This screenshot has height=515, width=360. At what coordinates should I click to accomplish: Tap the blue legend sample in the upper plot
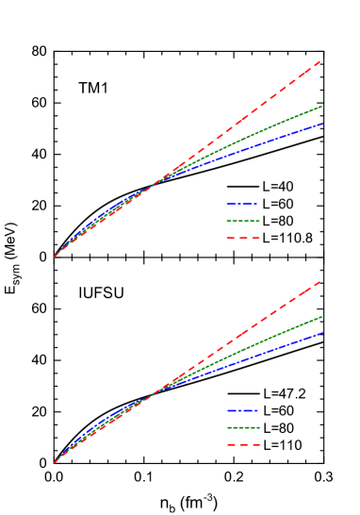point(242,204)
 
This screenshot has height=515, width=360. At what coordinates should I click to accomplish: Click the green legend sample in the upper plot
point(242,221)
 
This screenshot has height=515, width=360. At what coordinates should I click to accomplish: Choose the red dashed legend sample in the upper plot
point(242,238)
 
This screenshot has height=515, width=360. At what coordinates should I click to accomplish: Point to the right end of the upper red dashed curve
point(321,61)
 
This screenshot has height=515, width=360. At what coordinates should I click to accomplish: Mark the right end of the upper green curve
point(322,107)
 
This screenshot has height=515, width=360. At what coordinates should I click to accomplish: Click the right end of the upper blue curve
point(322,124)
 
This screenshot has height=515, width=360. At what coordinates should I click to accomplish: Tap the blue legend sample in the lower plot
point(242,410)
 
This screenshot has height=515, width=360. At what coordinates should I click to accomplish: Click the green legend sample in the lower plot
point(242,427)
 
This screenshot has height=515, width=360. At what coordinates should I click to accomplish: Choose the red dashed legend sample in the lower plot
point(242,444)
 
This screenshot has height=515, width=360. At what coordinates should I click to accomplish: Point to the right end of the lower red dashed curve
point(321,280)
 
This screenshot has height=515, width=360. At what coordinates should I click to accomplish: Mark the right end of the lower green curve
point(322,317)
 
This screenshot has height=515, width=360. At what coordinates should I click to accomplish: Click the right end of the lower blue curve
point(322,332)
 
